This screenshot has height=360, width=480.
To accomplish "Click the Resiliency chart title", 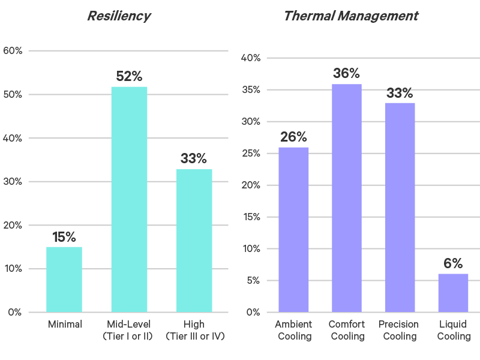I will point(119,16).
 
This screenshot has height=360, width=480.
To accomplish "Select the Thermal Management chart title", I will point(350,16).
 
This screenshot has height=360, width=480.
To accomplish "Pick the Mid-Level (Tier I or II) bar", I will point(129,199).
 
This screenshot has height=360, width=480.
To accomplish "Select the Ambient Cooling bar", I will point(293,229).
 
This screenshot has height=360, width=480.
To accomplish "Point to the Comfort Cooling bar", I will point(346,198).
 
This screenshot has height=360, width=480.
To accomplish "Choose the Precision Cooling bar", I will point(400,207).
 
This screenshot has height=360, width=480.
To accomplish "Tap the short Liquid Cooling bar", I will point(453,293).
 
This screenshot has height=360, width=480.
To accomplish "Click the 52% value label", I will point(129,77).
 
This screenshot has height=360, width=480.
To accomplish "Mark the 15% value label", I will point(64,237).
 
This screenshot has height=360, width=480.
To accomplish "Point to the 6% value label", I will point(453,263).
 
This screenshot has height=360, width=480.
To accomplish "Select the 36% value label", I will point(346,74).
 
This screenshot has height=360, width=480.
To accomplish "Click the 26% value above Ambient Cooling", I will point(293,137).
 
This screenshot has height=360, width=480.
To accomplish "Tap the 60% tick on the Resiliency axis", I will point(13,51).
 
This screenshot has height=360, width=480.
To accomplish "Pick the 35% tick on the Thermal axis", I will point(250,90).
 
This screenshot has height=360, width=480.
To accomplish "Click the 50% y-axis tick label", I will point(13,95).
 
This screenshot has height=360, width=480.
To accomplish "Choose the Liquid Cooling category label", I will point(454,331).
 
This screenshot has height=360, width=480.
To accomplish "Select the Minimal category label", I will point(64,325).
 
